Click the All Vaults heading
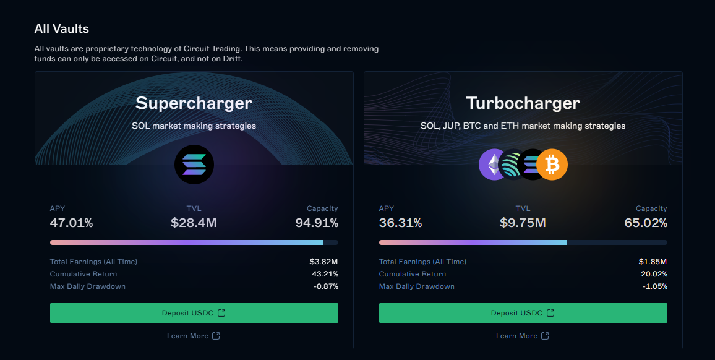point(62,29)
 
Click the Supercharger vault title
point(194,103)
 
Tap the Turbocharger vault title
point(523,103)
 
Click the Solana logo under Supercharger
point(194,165)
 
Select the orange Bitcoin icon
point(552,165)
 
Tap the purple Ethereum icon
point(493,165)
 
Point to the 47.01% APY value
point(71,223)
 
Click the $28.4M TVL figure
point(194,223)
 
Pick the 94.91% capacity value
point(317,223)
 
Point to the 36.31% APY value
point(400,223)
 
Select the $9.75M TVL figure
point(523,223)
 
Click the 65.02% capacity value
point(646,223)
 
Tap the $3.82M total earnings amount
point(323,262)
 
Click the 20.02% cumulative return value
point(654,274)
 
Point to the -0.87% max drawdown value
point(325,286)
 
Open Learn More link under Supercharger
point(193,336)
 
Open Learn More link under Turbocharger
point(522,336)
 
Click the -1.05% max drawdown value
point(654,286)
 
